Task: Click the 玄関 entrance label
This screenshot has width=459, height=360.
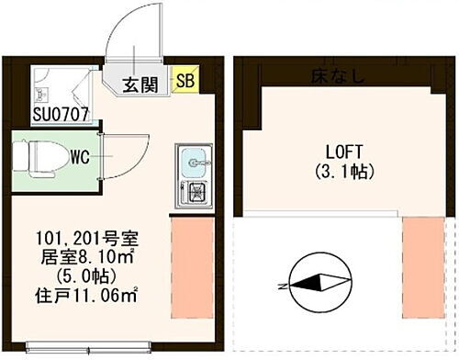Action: tap(140, 85)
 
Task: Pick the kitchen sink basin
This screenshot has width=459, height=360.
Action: tap(196, 163)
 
